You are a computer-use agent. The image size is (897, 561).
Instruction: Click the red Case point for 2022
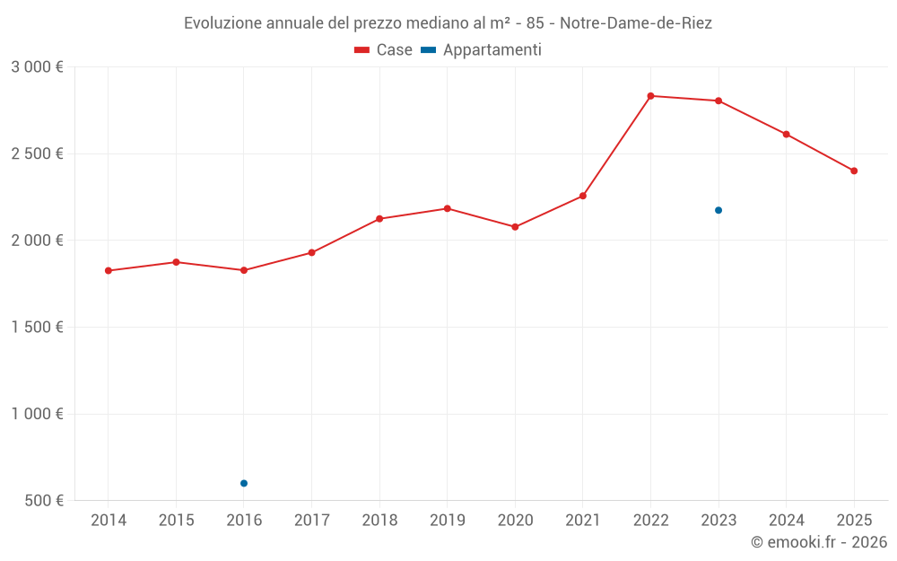point(650,96)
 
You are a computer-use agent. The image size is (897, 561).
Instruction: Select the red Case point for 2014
point(109,270)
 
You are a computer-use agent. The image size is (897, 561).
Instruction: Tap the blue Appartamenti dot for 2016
point(244,483)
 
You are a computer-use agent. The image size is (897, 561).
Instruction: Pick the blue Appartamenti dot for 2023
point(718,210)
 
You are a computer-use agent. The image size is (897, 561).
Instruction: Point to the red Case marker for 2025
point(854,171)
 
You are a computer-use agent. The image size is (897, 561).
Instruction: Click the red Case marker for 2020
point(515,227)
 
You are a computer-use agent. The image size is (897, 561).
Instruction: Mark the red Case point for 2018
point(379,219)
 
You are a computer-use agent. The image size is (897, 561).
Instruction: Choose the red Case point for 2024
point(787,135)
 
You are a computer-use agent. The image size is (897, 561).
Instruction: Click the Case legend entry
point(383,50)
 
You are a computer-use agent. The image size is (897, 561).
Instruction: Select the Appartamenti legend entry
point(482,50)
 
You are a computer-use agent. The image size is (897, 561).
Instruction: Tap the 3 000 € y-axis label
point(37,67)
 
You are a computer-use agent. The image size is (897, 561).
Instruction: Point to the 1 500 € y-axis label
point(37,328)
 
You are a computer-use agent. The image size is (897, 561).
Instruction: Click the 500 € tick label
point(42,501)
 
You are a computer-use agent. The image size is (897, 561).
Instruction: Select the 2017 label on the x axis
point(311,521)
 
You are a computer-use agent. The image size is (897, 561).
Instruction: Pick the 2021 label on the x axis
point(583,521)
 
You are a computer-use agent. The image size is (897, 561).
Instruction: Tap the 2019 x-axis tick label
point(448,521)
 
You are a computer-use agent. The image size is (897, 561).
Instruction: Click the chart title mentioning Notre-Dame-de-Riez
point(448,23)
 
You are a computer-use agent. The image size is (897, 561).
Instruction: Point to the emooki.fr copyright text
point(818,542)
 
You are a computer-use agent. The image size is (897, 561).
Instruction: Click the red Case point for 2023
point(718,101)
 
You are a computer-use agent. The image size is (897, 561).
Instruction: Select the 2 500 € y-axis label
point(37,153)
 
